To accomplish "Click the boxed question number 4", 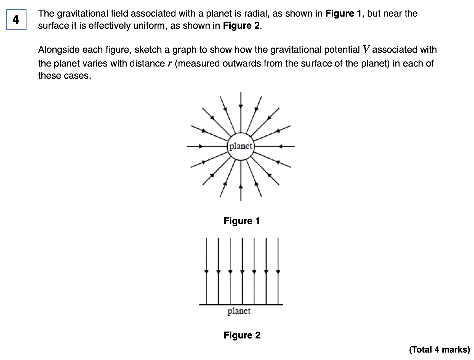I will point(16,19).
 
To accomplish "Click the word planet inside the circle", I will point(241,146).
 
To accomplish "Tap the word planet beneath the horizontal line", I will point(239,311).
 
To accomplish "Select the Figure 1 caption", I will point(242,221).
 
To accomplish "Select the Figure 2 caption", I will point(242,335).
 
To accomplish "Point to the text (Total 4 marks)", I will point(439,350).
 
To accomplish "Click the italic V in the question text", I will point(366,50).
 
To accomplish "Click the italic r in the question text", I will point(170,63).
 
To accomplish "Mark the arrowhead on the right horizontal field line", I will point(280,146).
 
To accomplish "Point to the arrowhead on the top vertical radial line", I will point(241,106).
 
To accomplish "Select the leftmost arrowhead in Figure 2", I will point(206,272).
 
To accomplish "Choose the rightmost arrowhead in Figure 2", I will point(278,272).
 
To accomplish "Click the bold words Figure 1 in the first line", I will point(343,13).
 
